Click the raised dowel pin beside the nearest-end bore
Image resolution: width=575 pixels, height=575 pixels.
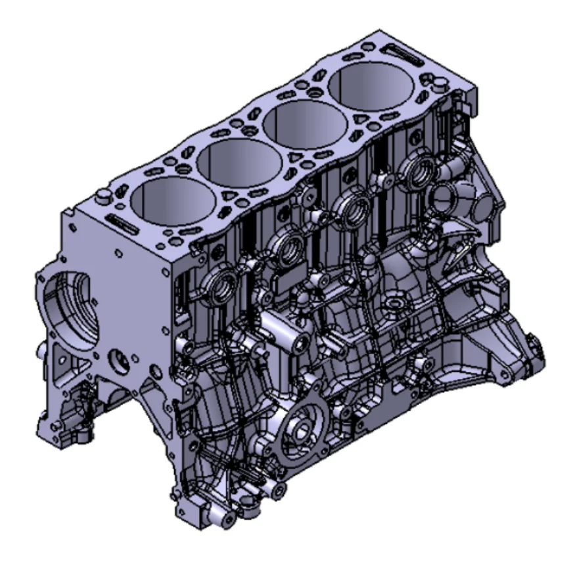click(x=102, y=196)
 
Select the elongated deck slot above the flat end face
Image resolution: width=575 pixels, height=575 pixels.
click(x=121, y=221)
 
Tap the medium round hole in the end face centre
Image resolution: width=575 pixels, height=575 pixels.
click(x=118, y=360)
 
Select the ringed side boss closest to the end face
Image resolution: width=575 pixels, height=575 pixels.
click(x=224, y=285)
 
